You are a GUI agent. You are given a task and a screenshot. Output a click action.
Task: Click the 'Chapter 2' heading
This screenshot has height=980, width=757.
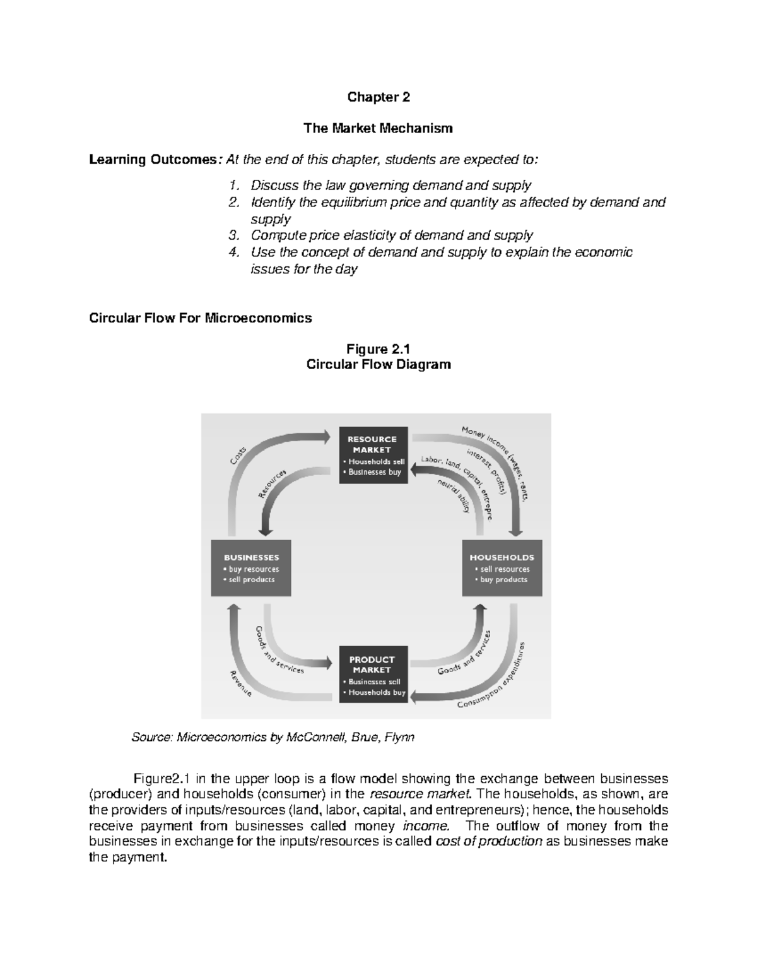pos(378,97)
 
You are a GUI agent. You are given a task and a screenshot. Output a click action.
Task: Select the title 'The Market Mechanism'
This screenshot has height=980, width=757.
pos(378,129)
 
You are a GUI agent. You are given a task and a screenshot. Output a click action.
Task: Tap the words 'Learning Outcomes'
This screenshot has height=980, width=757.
pos(153,160)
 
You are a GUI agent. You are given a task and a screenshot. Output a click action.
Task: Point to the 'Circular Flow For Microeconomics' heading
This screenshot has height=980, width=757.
pos(201,318)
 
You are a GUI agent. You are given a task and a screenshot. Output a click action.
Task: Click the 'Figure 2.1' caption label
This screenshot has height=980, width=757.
pos(378,350)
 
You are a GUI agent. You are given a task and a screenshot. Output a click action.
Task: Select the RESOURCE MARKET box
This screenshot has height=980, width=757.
pos(373,455)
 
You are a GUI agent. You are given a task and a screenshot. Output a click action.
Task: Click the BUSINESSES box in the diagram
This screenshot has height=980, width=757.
pos(251,568)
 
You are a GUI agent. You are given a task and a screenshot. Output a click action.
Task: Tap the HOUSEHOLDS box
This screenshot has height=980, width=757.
pos(502,568)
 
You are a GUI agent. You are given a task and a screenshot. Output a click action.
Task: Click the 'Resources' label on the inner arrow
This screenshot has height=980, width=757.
pos(273,484)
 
